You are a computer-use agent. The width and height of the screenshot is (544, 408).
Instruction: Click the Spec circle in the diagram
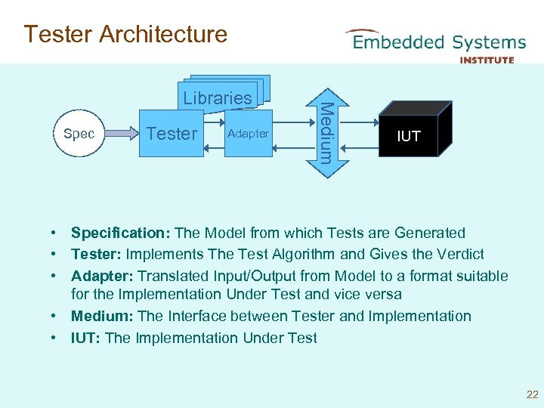pyautogui.click(x=79, y=134)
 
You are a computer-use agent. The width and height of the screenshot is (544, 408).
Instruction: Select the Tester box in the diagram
pyautogui.click(x=172, y=134)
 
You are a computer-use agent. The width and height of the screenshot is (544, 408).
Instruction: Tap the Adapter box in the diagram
pyautogui.click(x=248, y=134)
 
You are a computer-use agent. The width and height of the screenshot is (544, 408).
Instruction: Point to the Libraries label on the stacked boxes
pyautogui.click(x=218, y=98)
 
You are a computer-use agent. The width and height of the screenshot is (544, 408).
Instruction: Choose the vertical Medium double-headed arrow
pyautogui.click(x=324, y=133)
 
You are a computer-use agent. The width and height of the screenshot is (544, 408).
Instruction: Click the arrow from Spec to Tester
pyautogui.click(x=120, y=134)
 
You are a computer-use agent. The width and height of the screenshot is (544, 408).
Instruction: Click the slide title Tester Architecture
pyautogui.click(x=125, y=34)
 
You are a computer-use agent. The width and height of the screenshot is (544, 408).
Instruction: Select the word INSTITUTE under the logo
pyautogui.click(x=487, y=60)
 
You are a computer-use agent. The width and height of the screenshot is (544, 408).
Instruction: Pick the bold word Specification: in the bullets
pyautogui.click(x=120, y=233)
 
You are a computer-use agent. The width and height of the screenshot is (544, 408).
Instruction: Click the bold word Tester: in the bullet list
pyautogui.click(x=96, y=255)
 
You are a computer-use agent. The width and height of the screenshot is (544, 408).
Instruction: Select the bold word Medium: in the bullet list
pyautogui.click(x=101, y=317)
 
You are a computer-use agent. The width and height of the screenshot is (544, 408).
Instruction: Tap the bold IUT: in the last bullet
pyautogui.click(x=85, y=338)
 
